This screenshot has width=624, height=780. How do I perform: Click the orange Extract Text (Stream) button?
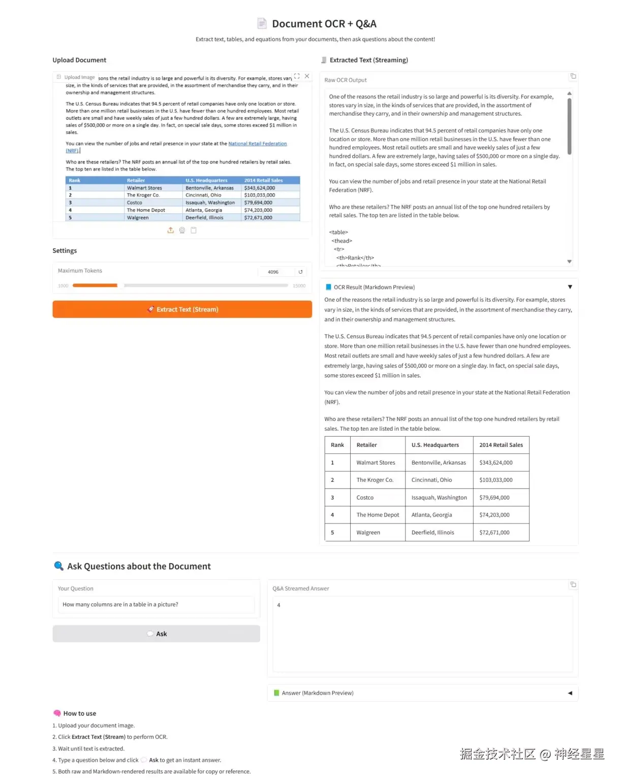click(x=182, y=309)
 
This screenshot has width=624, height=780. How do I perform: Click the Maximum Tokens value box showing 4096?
click(x=274, y=272)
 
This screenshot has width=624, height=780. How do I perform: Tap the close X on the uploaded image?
click(x=307, y=76)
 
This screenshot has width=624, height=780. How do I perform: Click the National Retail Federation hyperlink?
click(x=257, y=144)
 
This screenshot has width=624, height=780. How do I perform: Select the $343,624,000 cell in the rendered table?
click(x=495, y=463)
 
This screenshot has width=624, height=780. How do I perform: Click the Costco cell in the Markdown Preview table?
click(x=365, y=498)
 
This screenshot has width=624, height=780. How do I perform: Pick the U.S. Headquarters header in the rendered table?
click(x=435, y=445)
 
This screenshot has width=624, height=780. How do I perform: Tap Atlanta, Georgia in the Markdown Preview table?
click(x=431, y=515)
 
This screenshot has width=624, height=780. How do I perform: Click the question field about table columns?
click(x=156, y=604)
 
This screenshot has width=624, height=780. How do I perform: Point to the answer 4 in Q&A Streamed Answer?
click(x=278, y=605)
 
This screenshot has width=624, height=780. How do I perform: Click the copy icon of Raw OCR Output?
click(x=573, y=76)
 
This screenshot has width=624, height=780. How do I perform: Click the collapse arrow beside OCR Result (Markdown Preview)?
click(x=570, y=287)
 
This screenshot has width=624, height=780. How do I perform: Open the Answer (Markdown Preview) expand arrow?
click(x=570, y=693)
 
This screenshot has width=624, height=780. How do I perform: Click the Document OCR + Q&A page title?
click(x=324, y=24)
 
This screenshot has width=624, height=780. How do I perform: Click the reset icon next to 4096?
click(x=300, y=272)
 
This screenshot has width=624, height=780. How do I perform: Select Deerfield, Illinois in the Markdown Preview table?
click(x=432, y=533)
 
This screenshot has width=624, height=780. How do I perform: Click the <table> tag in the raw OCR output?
click(x=338, y=233)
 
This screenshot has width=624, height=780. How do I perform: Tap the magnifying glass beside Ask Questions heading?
click(x=59, y=566)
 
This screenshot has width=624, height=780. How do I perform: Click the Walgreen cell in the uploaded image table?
click(x=138, y=218)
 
